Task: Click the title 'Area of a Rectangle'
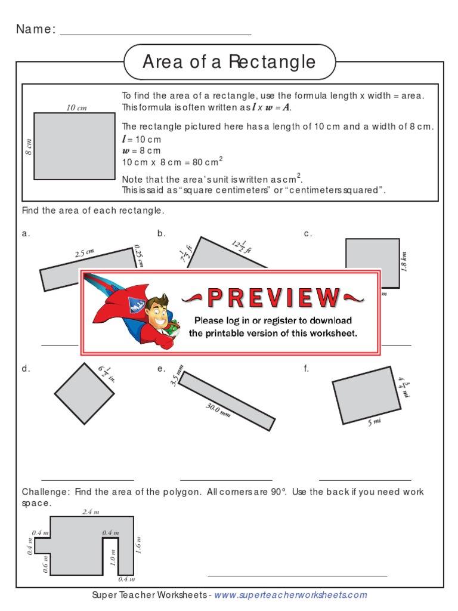[x=229, y=61]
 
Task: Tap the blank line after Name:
[x=156, y=34]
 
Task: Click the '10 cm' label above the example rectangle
[x=76, y=108]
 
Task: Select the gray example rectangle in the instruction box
[x=74, y=146]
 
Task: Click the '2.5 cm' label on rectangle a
[x=85, y=253]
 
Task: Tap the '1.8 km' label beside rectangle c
[x=404, y=261]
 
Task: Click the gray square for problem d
[x=84, y=393]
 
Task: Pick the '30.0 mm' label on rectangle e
[x=217, y=411]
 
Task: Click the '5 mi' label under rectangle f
[x=374, y=422]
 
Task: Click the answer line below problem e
[x=226, y=479]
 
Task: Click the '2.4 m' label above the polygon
[x=91, y=512]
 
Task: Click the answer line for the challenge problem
[x=297, y=575]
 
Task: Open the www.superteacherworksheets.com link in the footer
[x=290, y=595]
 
